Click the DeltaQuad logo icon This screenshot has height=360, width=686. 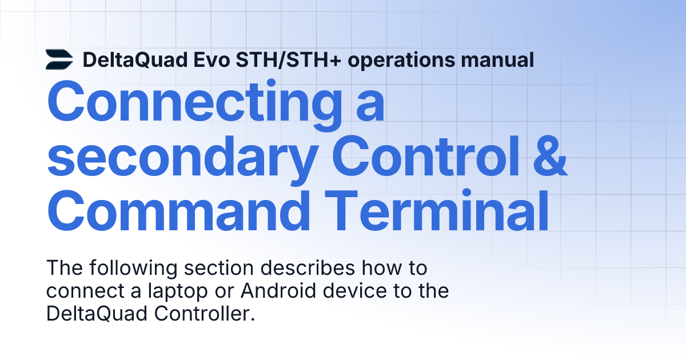(59, 59)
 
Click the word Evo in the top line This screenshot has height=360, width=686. (212, 59)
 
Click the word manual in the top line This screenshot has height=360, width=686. (498, 59)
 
